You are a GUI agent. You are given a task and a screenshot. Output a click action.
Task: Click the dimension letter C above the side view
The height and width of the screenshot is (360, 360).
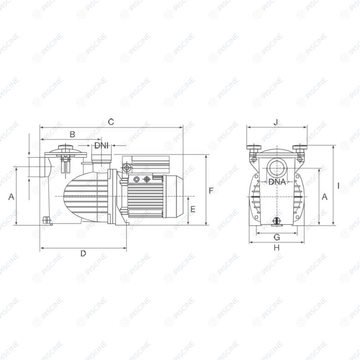[111, 122]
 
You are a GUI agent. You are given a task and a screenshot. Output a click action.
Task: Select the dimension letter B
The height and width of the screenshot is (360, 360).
[72, 134]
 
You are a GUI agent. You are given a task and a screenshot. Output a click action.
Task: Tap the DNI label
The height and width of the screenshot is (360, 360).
[101, 145]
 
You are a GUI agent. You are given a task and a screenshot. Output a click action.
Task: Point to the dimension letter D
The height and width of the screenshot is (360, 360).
[83, 253]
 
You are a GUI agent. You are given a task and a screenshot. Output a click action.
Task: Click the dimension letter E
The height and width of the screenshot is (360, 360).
[193, 209]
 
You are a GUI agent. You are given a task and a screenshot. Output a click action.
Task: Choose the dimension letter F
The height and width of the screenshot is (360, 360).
[211, 191]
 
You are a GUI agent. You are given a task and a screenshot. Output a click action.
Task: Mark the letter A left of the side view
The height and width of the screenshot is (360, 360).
[11, 197]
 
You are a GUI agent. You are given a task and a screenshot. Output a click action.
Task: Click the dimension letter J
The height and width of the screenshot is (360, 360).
[276, 122]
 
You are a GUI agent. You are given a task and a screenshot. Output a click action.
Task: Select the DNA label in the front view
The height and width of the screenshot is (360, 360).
[277, 182]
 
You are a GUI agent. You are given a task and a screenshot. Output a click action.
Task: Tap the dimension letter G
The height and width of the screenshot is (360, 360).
[277, 237]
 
